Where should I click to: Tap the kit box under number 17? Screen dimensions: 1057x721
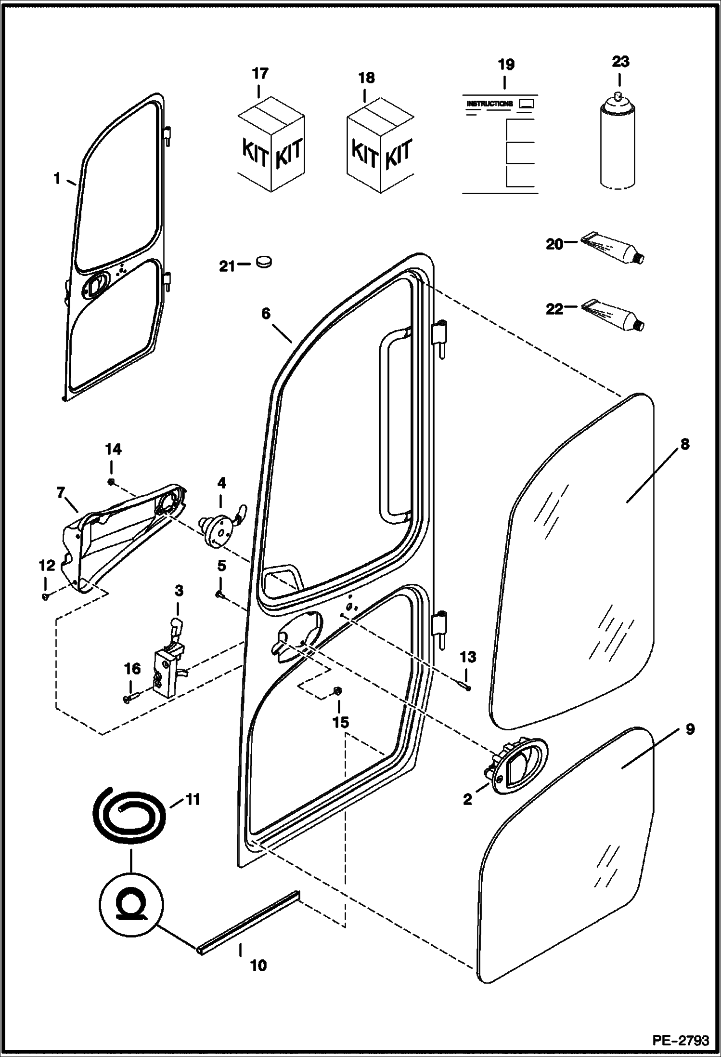(271, 146)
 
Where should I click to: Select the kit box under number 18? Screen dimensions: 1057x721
(380, 147)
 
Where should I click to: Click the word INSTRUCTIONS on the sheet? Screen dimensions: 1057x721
(489, 104)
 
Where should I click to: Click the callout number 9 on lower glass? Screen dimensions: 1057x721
(690, 742)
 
